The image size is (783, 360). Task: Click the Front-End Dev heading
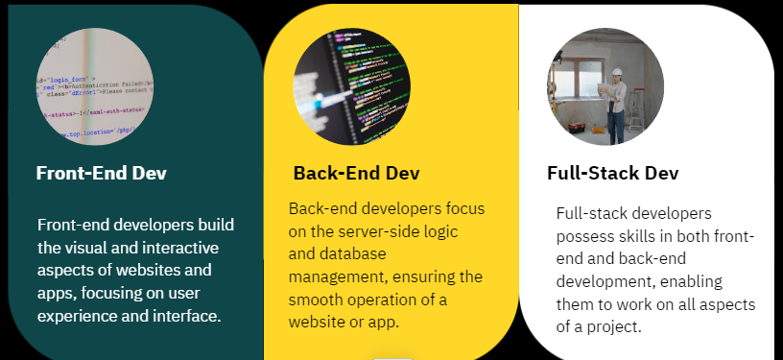click(x=102, y=173)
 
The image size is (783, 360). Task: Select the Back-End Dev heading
click(x=357, y=173)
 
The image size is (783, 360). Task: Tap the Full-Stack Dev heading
click(x=613, y=173)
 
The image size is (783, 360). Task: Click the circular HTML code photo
click(x=95, y=86)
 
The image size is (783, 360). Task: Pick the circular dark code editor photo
click(x=352, y=86)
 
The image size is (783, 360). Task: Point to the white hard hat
click(x=617, y=71)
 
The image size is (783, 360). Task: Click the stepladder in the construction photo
click(x=635, y=109)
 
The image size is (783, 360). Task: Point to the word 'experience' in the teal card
click(x=71, y=317)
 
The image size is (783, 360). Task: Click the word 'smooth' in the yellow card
click(x=315, y=300)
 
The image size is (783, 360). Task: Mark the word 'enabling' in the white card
click(x=691, y=282)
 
